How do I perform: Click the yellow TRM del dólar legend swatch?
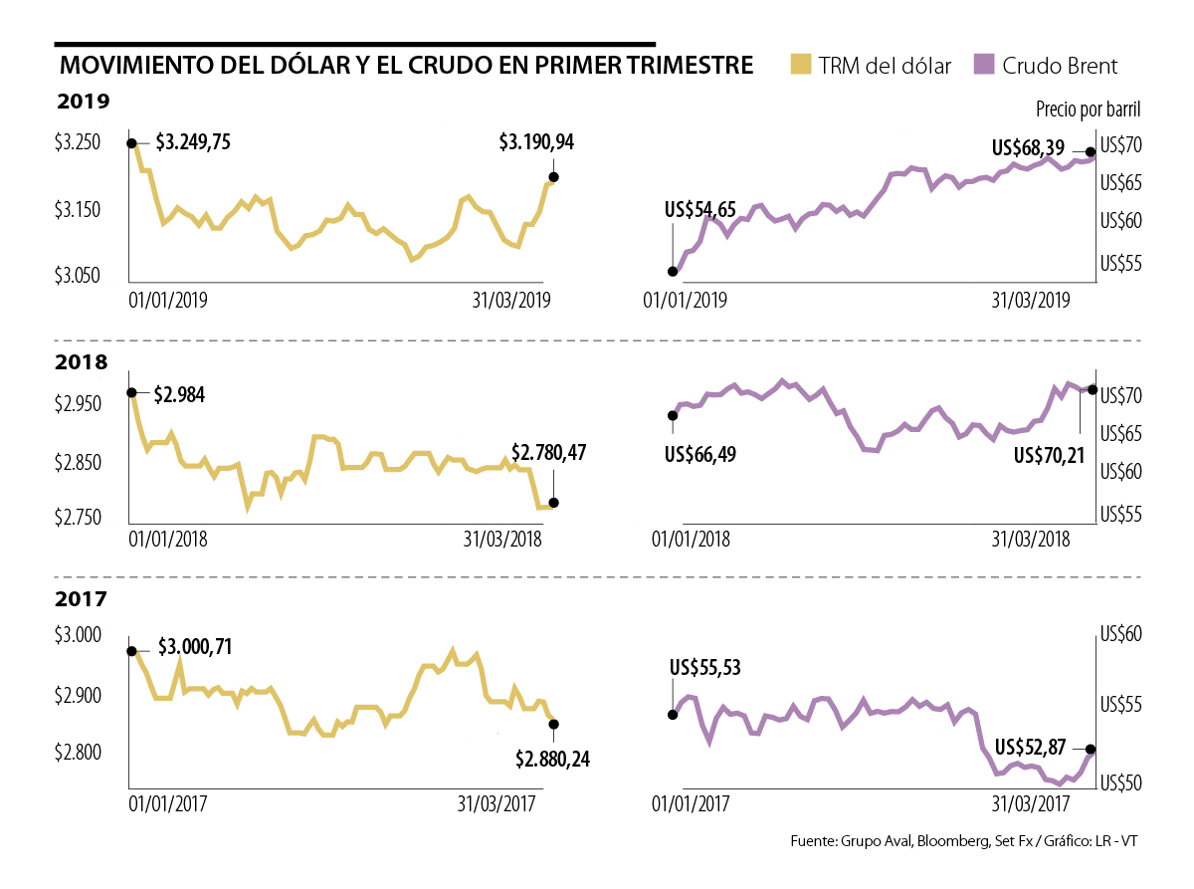click(800, 66)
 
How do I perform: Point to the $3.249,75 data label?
click(193, 142)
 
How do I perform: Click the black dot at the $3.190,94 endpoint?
click(553, 177)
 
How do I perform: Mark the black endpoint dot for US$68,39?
click(1091, 152)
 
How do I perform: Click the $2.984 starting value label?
click(180, 394)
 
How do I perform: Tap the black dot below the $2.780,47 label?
click(553, 503)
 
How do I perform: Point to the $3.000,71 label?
click(195, 647)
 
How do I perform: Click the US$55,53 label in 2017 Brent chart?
click(705, 668)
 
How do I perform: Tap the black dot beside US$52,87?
click(1091, 749)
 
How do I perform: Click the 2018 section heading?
click(82, 362)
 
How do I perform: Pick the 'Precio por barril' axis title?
click(1088, 109)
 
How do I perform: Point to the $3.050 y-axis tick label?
click(78, 276)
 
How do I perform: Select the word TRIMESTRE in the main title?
click(683, 66)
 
